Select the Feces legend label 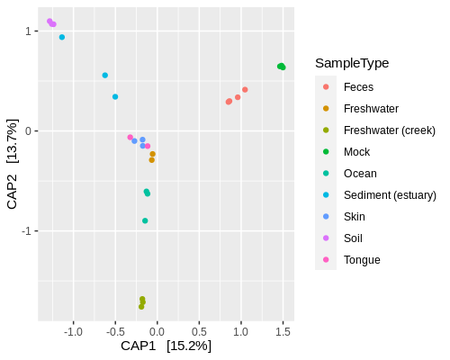[358, 87]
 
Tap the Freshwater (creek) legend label [389, 130]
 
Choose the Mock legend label [356, 152]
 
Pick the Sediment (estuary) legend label [390, 195]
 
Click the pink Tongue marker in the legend [326, 260]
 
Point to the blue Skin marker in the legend [326, 217]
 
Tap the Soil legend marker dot [326, 238]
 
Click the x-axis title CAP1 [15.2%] [166, 346]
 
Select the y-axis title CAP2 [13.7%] [13, 164]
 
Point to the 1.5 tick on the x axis [283, 331]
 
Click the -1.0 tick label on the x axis [73, 331]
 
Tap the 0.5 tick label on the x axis [199, 331]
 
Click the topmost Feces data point [245, 90]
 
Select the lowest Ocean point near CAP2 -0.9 [145, 220]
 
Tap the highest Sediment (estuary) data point [62, 37]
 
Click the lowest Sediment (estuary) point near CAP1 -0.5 [115, 97]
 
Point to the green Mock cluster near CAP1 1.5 [282, 67]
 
